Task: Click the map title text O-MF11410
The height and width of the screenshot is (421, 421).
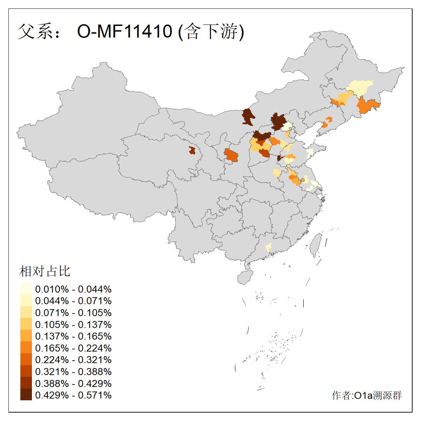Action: [x=125, y=31]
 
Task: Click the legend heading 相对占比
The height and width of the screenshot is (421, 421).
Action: [x=45, y=271]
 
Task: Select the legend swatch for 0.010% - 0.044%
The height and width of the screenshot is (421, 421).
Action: [x=26, y=289]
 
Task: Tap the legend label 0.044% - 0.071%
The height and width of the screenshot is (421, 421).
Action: [x=73, y=301]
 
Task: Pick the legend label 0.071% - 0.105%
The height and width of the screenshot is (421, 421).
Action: [x=73, y=313]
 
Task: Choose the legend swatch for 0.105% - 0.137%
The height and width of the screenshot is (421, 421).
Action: [x=26, y=324]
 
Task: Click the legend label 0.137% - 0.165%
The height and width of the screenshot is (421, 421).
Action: [x=73, y=336]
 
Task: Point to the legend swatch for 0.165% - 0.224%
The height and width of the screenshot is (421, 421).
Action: [x=26, y=348]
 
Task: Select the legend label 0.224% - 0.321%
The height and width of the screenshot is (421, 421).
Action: [x=73, y=360]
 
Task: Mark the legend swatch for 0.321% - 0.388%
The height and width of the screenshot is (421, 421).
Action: [x=26, y=371]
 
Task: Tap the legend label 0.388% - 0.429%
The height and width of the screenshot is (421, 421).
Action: [x=73, y=383]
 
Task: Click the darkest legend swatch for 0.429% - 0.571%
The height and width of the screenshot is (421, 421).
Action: [x=26, y=395]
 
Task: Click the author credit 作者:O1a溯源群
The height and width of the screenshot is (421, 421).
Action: [x=367, y=395]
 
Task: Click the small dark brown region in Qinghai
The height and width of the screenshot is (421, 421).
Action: [x=192, y=151]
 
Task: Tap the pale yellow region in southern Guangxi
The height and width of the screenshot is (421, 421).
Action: [x=268, y=247]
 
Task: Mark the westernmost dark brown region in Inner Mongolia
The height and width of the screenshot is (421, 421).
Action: [x=248, y=116]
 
